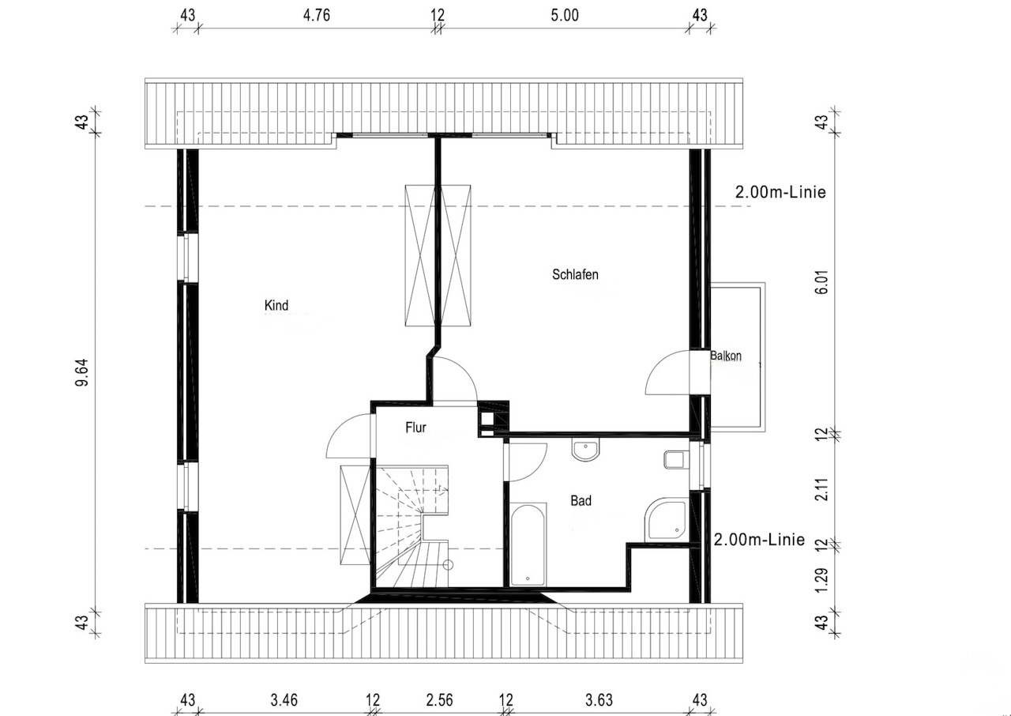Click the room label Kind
[x=276, y=306]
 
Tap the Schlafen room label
[x=575, y=274]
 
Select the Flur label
[x=415, y=428]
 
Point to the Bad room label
[x=581, y=500]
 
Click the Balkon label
[x=726, y=356]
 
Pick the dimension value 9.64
[x=83, y=372]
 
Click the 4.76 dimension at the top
[x=317, y=15]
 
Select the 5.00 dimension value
[x=565, y=15]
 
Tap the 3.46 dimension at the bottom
[x=284, y=700]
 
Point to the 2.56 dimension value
[x=439, y=700]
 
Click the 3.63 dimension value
[x=599, y=700]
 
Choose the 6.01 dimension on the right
[x=822, y=282]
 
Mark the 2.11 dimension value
[x=822, y=489]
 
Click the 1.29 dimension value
[x=822, y=580]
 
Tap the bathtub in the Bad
[x=528, y=545]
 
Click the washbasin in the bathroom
[x=585, y=449]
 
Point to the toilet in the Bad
[x=677, y=460]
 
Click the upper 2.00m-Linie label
[x=780, y=192]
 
